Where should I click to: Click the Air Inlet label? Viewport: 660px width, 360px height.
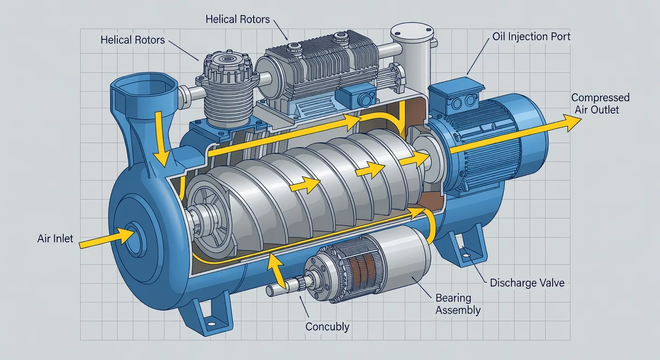[x=55, y=238]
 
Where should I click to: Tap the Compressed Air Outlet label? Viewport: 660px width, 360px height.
[x=600, y=104]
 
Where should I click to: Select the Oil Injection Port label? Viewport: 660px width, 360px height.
[x=531, y=37]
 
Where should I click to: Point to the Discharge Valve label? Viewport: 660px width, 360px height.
[x=527, y=283]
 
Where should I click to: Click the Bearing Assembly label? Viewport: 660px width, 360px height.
[x=458, y=304]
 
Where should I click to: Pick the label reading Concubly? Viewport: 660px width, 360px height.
[x=327, y=326]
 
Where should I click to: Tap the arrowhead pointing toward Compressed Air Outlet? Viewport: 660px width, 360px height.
[x=571, y=122]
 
